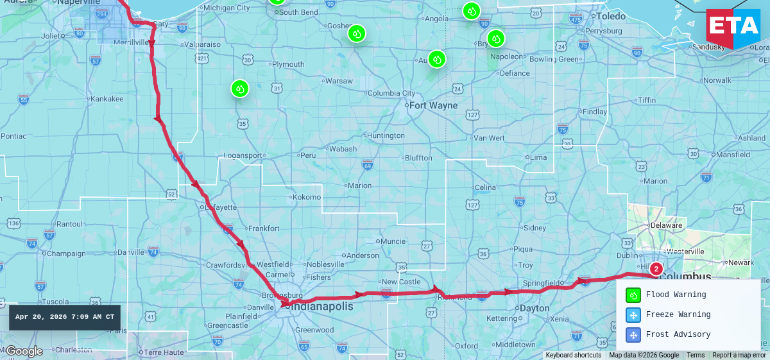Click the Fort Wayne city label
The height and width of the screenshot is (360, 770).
point(433,105)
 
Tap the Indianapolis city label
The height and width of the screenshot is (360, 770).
point(322,307)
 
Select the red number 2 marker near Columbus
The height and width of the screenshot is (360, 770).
point(656,269)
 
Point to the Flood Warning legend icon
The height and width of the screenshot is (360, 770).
point(633,295)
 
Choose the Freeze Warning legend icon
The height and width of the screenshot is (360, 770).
point(633,315)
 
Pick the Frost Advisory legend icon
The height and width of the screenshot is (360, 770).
point(633,335)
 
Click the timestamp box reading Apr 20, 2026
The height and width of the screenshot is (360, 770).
point(65,317)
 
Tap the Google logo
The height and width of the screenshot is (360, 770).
point(24,351)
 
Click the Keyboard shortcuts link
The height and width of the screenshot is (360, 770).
point(573,355)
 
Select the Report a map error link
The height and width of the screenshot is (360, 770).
point(739,355)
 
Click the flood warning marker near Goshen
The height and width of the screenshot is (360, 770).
point(357,33)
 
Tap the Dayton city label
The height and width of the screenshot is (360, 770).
point(534,308)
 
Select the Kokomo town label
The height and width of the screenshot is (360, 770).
point(306,197)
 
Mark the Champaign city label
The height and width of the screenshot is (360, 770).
point(66,253)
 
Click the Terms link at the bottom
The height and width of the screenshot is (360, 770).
point(696,355)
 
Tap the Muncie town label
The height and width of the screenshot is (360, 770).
point(393,241)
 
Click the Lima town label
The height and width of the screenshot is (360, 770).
point(538,157)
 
